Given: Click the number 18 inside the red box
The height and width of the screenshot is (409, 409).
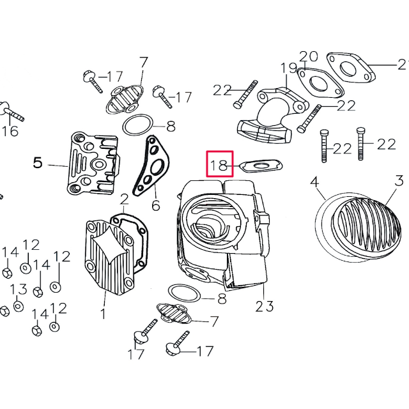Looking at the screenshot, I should [x=219, y=166].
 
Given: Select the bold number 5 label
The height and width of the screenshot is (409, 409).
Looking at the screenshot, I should [x=38, y=163].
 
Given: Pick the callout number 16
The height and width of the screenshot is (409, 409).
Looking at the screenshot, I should [x=10, y=132].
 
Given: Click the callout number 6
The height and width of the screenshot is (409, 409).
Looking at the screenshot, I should [x=155, y=205].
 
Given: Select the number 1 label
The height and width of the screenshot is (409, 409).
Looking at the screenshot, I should [x=102, y=313].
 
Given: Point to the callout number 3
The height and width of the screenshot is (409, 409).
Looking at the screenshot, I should [x=399, y=181].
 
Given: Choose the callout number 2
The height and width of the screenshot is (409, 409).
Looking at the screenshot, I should [x=123, y=200].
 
